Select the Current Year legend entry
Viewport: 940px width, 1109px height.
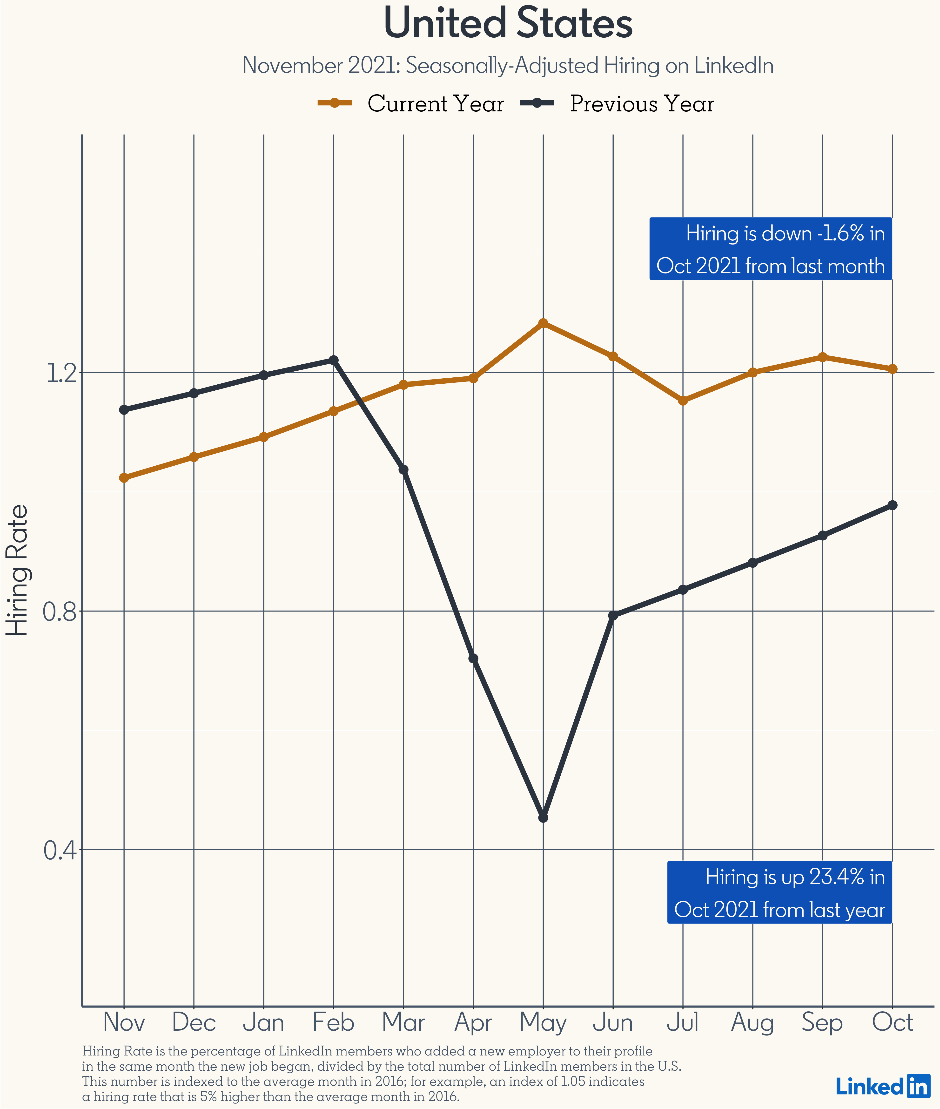click(x=410, y=103)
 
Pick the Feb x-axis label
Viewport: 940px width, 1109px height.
click(x=334, y=1022)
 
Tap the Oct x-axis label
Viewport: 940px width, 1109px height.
click(x=893, y=1022)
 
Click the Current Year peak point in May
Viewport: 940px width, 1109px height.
click(x=543, y=323)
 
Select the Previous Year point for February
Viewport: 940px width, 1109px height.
click(x=334, y=360)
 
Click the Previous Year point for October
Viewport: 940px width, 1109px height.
click(x=893, y=505)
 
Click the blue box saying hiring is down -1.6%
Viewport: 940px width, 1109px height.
click(x=771, y=248)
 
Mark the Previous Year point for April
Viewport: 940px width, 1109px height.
click(x=473, y=659)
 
